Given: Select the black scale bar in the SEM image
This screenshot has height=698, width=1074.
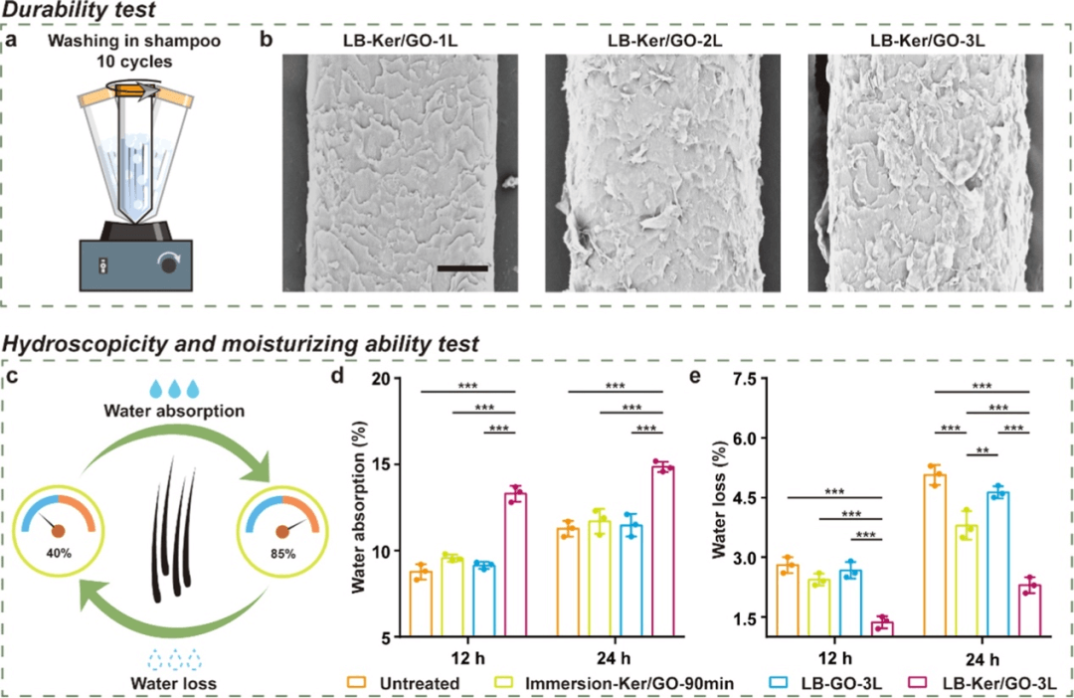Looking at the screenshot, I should [x=461, y=267].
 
